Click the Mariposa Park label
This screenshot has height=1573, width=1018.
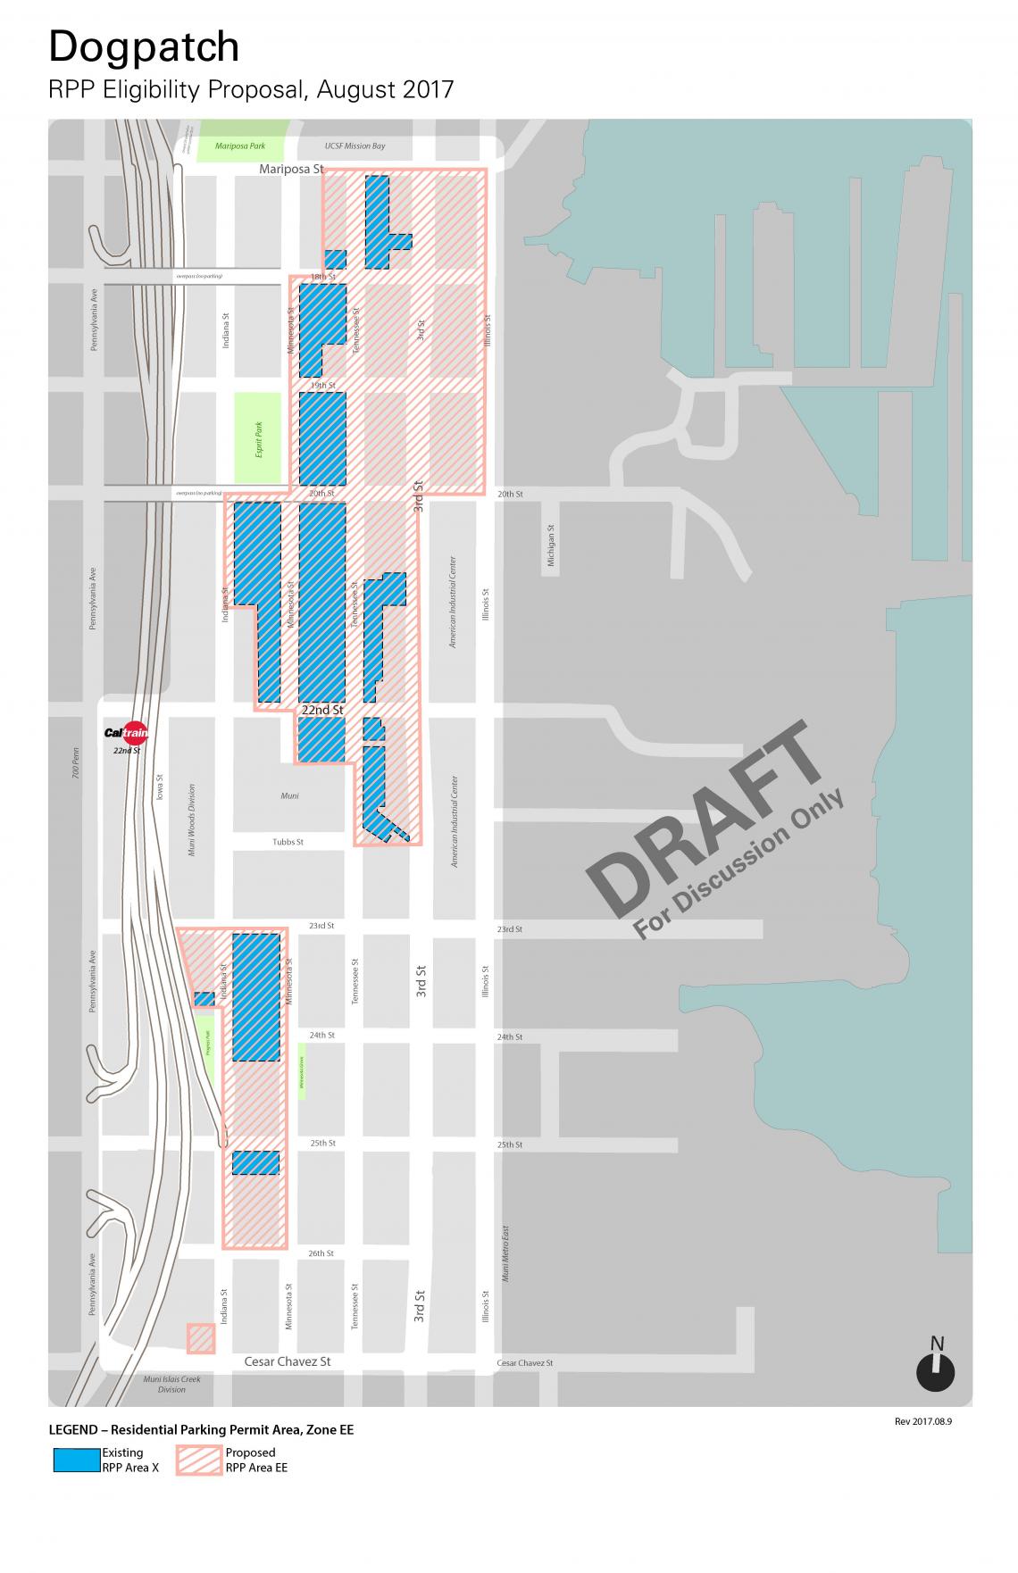click(x=240, y=146)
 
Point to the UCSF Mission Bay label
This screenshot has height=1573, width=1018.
click(x=355, y=146)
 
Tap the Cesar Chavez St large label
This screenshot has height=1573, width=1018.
click(x=288, y=1361)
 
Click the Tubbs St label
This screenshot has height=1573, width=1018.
click(x=288, y=842)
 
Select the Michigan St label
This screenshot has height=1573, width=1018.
click(x=551, y=545)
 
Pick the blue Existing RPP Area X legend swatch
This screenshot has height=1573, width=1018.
click(x=76, y=1460)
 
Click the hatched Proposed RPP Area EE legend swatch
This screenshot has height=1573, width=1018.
click(x=199, y=1460)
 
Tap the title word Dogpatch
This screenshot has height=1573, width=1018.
click(x=144, y=47)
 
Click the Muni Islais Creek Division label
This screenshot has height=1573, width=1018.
click(x=171, y=1384)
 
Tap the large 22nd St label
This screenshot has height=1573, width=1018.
click(x=321, y=710)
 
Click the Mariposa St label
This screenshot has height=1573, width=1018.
click(x=291, y=169)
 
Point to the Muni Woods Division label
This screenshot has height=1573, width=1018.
click(x=191, y=820)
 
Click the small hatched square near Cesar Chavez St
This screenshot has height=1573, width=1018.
click(x=201, y=1338)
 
